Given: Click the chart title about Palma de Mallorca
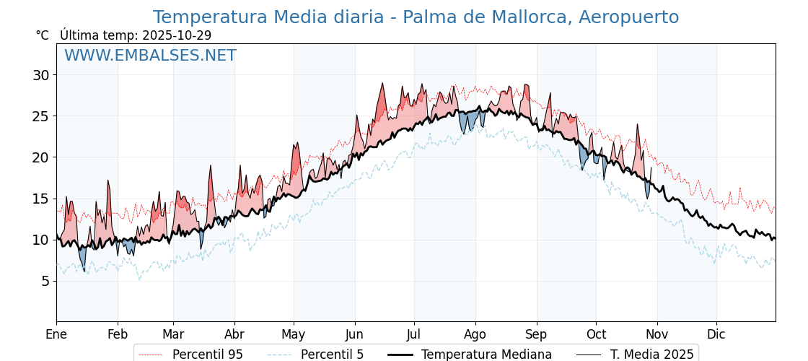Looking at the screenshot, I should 416,17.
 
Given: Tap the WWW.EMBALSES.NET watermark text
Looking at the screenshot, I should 150,56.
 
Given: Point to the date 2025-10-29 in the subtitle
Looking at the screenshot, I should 177,35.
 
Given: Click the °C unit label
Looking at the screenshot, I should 42,35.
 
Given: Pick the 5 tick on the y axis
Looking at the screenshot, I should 45,281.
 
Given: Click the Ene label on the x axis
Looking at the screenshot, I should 56,334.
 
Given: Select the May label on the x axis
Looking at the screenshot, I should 293,334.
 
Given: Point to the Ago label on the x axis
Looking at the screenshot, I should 475,334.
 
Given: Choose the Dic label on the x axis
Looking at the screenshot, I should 716,334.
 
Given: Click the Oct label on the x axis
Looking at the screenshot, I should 596,334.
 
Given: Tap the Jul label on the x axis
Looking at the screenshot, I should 414,334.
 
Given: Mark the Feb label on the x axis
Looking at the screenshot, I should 117,334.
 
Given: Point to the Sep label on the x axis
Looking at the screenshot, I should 536,334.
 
